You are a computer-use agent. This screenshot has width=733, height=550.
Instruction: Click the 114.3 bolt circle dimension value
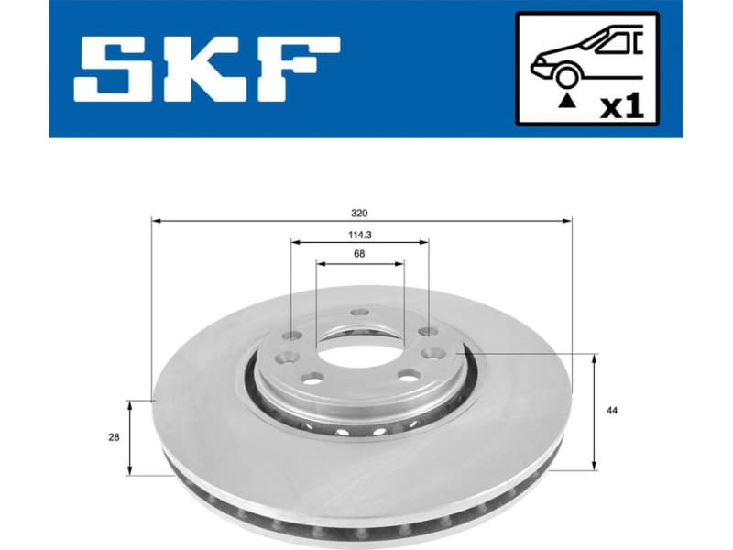point(360,236)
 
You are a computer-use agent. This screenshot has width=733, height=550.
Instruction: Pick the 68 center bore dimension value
point(360,255)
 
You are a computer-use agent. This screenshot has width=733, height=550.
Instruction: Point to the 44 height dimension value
point(612,411)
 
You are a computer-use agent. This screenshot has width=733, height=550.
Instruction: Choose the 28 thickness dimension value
point(114,437)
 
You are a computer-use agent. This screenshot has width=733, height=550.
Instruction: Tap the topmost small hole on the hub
point(360,313)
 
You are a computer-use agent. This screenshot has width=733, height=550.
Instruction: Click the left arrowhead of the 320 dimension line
point(156,221)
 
